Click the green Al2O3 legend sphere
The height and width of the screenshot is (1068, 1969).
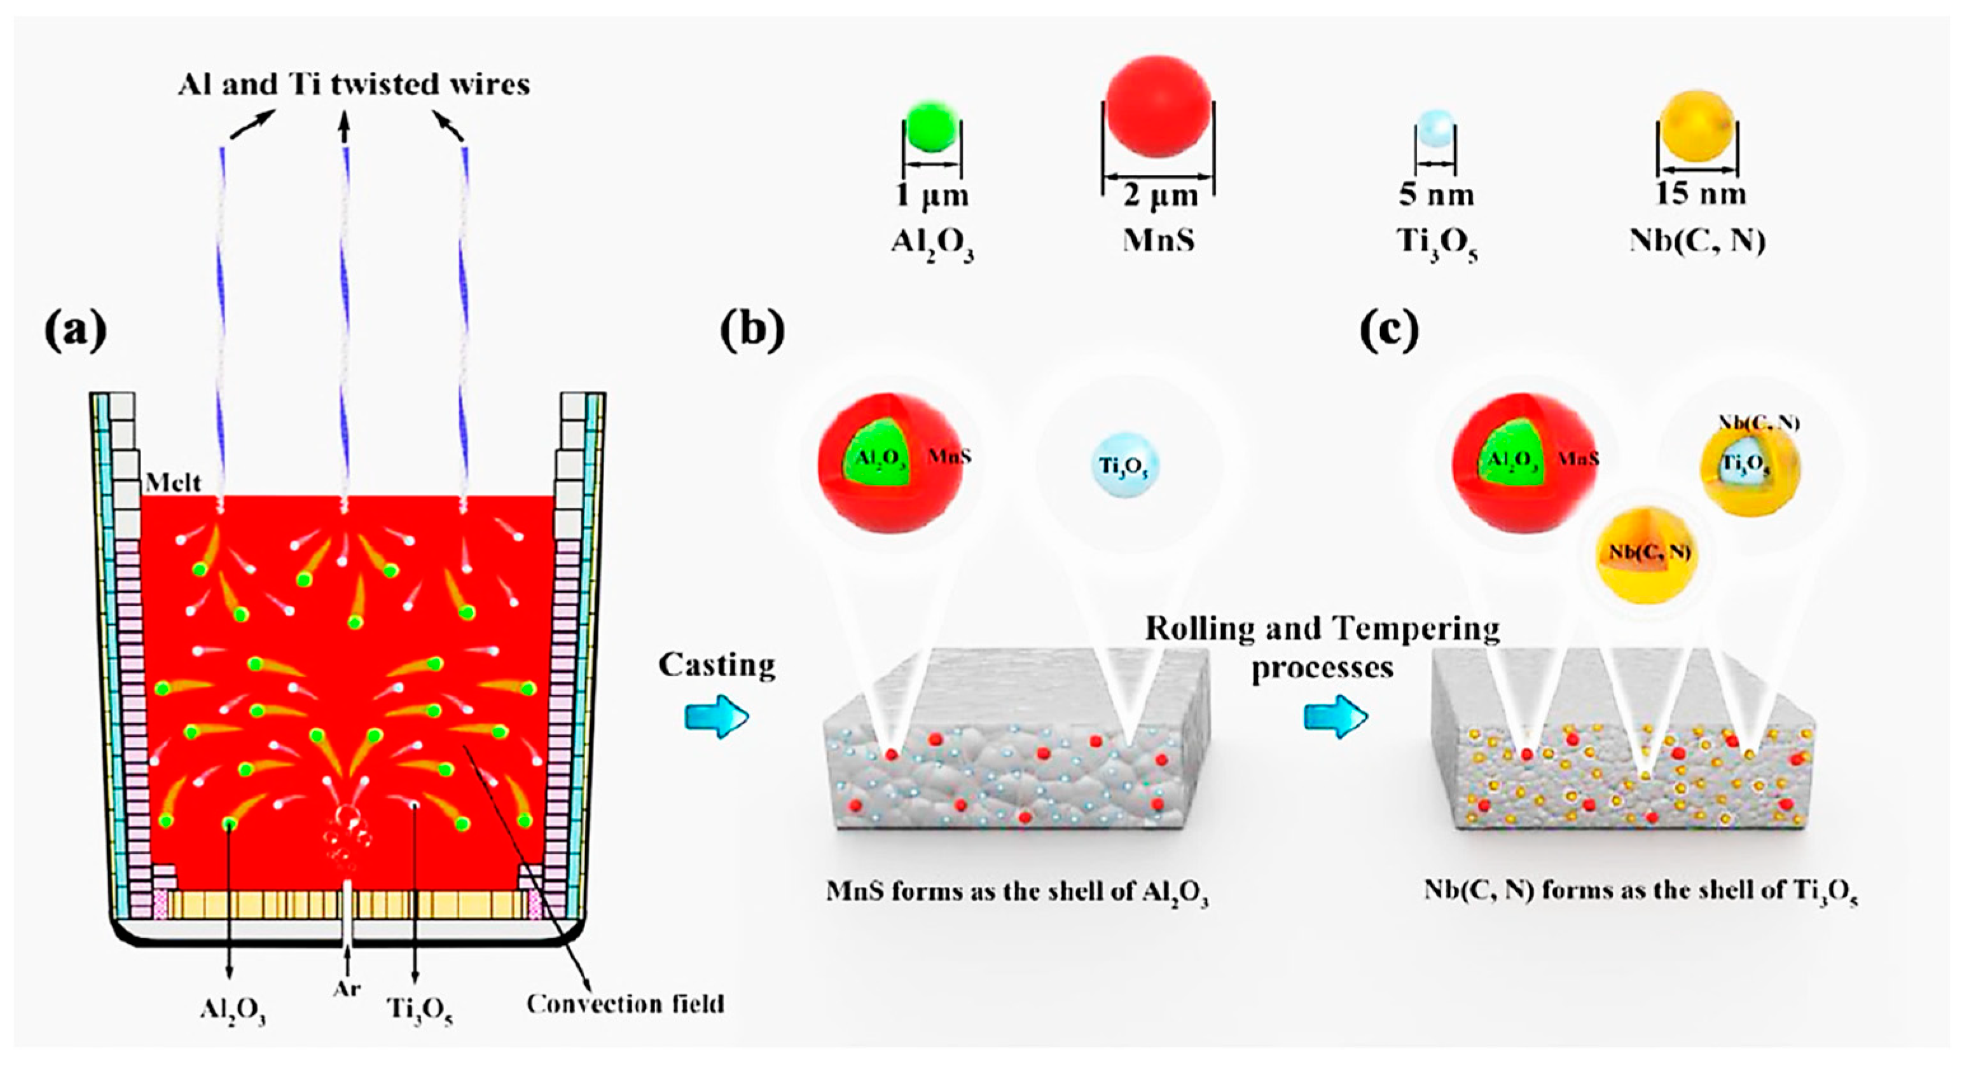pos(932,126)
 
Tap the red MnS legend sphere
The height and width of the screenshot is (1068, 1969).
pos(1159,106)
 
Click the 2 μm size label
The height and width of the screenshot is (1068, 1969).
pos(1159,196)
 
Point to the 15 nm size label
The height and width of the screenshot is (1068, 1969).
pos(1700,193)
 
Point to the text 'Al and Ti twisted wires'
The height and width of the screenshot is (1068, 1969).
pos(354,84)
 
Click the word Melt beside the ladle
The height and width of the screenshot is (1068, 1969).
pos(174,483)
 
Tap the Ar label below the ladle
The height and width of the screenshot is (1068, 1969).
pos(347,989)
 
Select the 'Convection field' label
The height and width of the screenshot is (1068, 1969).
pos(625,1003)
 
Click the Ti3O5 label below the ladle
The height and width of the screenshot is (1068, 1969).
pos(420,1010)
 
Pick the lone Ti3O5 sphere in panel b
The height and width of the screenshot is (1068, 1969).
pos(1124,465)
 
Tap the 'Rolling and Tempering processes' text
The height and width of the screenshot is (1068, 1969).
pos(1322,648)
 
